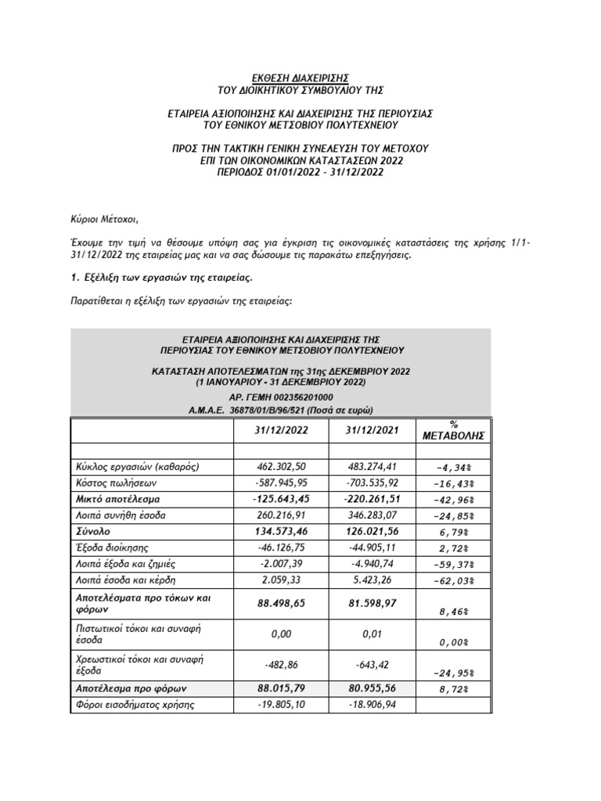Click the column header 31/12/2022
pos(281,432)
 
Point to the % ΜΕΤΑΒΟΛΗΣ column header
pos(454,429)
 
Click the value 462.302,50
pos(281,467)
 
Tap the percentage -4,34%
pos(454,468)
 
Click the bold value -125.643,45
pos(281,500)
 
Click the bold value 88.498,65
pos(281,604)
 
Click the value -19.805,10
pos(281,705)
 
